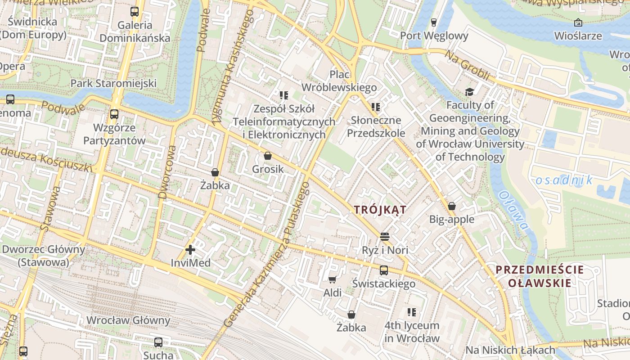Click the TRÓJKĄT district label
(380, 210)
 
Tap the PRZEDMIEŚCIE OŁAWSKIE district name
(540, 276)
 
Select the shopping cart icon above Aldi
(333, 280)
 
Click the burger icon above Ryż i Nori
(384, 236)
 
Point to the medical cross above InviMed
(190, 249)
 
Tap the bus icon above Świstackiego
(384, 270)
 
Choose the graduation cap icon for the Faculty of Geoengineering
(470, 92)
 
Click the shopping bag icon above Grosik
(268, 156)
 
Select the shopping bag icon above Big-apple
(452, 206)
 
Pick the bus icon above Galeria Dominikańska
(135, 12)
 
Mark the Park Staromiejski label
(113, 83)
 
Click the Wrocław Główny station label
(128, 320)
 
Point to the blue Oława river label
(513, 210)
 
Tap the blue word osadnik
(564, 180)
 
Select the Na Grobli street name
(467, 65)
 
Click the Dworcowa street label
(167, 171)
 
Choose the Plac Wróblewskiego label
(339, 81)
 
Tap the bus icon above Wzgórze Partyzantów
(114, 114)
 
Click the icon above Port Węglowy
(434, 22)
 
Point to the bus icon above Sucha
(158, 342)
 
